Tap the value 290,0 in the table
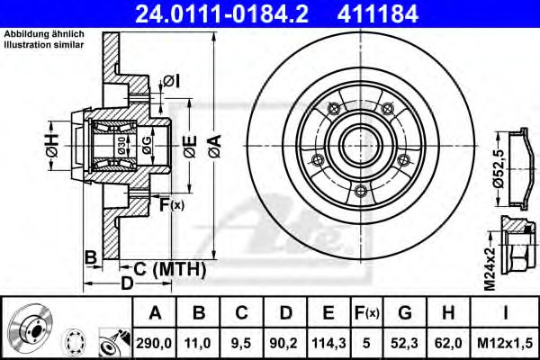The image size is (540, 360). [156, 343]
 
